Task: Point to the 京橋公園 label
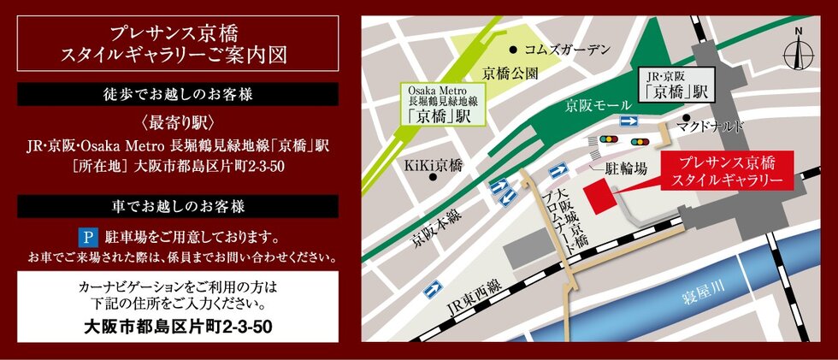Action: tap(510, 74)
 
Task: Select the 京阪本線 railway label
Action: tap(428, 225)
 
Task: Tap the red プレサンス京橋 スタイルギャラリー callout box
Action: tap(726, 171)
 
